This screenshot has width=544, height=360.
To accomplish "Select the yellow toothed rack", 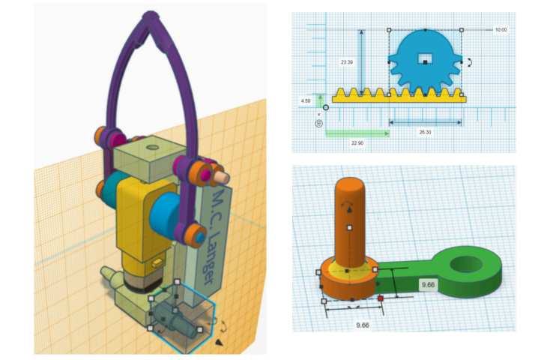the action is (x=399, y=97).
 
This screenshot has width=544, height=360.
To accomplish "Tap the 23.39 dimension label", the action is (x=347, y=62).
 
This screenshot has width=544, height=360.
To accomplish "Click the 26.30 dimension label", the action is (x=425, y=132).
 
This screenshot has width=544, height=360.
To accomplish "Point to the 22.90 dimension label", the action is (x=357, y=143).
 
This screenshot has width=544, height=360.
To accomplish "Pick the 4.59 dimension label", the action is (x=306, y=101).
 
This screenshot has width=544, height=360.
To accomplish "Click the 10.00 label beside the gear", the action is (x=501, y=30).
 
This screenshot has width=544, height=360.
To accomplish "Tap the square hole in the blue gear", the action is (x=425, y=58).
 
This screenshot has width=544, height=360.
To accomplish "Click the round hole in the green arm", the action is (x=466, y=265).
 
